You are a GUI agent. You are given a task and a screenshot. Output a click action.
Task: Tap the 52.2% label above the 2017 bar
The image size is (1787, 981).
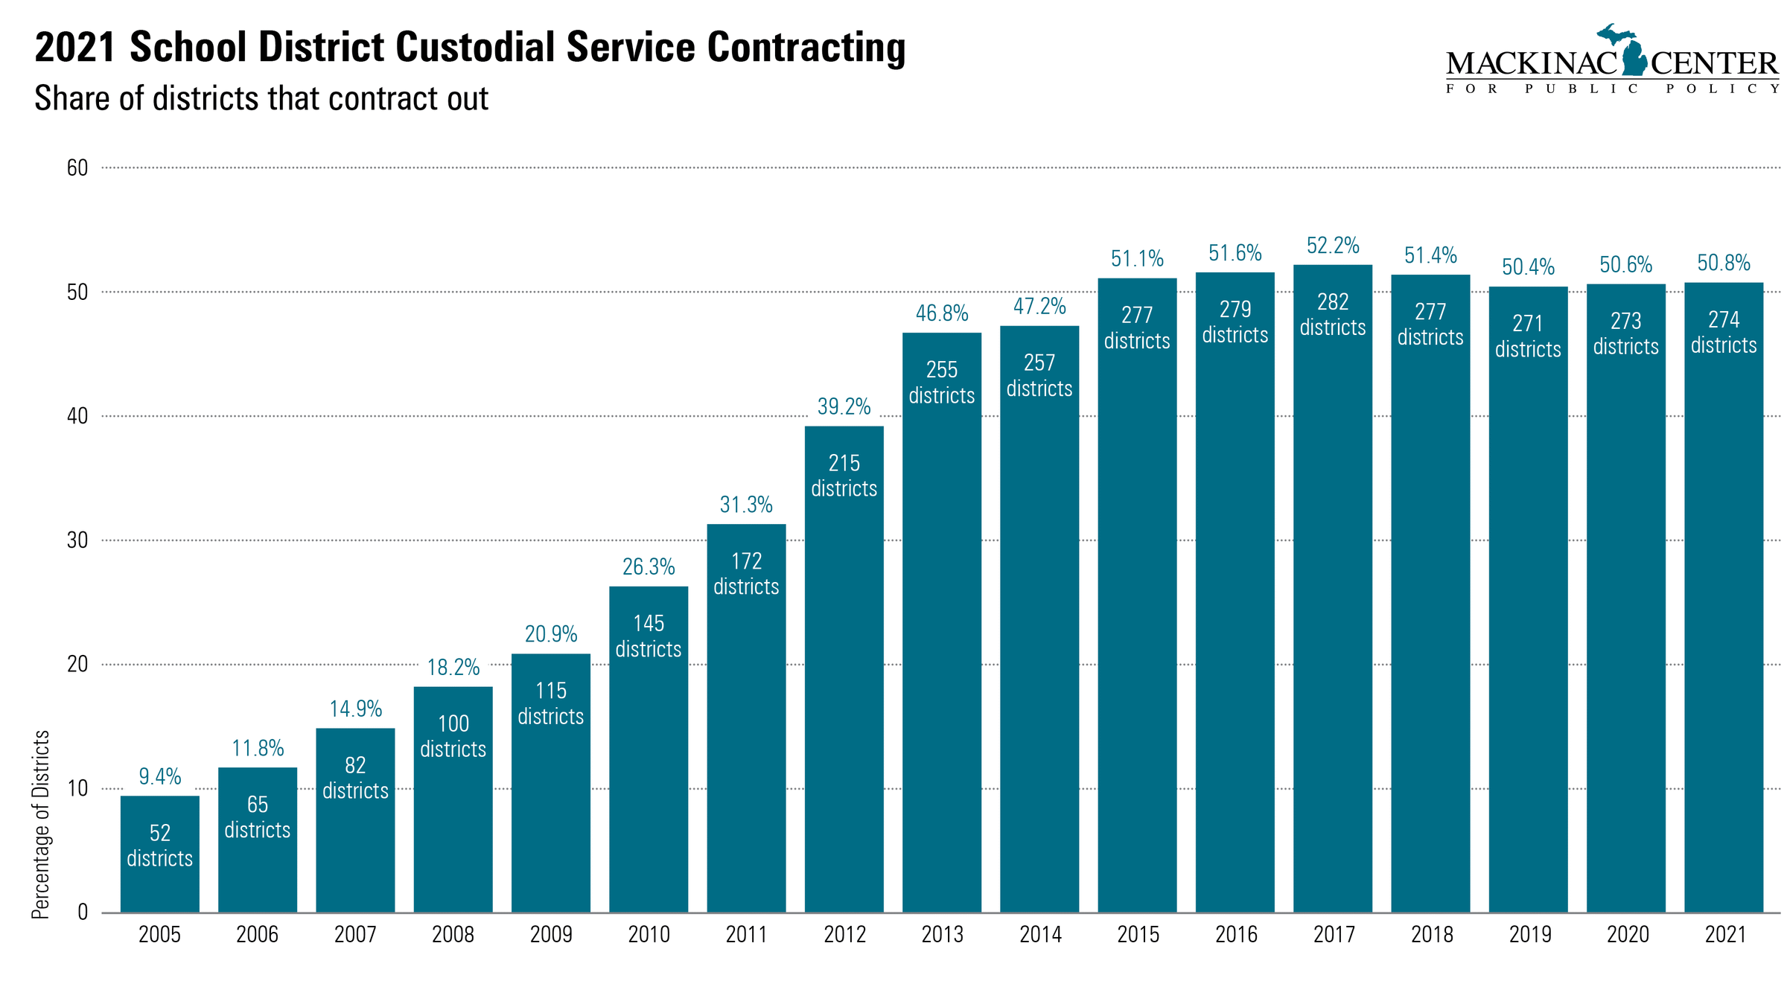click(x=1333, y=246)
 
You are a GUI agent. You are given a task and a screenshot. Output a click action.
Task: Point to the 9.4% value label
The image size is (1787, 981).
click(x=159, y=776)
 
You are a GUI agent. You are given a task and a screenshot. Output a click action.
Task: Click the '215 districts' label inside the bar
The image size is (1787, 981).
click(x=844, y=476)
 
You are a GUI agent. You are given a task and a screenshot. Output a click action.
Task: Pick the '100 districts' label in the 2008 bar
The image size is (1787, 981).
click(x=453, y=736)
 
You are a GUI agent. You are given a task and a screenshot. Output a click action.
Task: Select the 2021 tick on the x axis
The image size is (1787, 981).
click(x=1724, y=934)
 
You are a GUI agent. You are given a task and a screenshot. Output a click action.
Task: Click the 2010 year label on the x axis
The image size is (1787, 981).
click(x=649, y=934)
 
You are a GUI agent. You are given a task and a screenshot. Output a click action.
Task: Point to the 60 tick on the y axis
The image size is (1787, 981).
click(x=77, y=168)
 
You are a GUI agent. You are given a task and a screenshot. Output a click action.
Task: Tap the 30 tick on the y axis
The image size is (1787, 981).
click(x=77, y=540)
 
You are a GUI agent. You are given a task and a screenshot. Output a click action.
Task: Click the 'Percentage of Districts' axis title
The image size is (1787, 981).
click(x=41, y=824)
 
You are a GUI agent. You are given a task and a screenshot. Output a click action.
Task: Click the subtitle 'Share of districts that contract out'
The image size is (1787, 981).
click(x=261, y=99)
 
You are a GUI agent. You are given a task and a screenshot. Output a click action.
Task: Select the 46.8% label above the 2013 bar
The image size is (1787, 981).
click(x=942, y=313)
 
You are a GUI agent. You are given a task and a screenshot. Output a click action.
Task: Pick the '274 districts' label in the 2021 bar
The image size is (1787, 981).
click(x=1723, y=333)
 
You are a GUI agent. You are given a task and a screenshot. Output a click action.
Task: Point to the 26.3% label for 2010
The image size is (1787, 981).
click(x=649, y=567)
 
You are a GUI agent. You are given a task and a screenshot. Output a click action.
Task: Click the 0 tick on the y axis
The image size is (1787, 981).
click(x=83, y=913)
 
